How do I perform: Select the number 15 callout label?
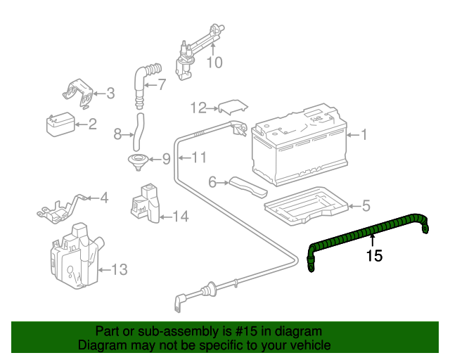tap(374, 256)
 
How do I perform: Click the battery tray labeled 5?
tap(302, 205)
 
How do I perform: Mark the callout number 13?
tap(120, 269)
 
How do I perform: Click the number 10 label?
tap(214, 63)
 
